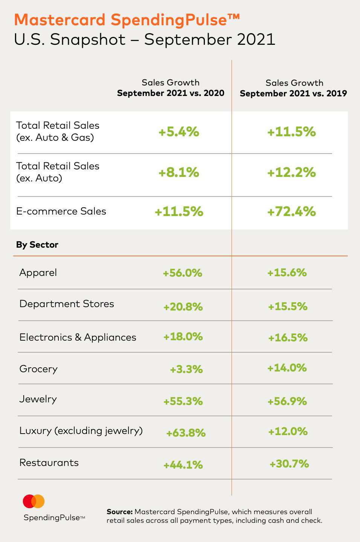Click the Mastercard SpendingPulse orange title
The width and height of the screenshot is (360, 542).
[x=127, y=20]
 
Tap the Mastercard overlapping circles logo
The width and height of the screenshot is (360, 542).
[x=34, y=501]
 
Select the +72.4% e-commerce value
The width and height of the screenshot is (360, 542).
[x=291, y=212]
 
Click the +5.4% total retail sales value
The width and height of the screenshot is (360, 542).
[x=178, y=132]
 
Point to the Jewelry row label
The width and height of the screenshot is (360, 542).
[x=38, y=399]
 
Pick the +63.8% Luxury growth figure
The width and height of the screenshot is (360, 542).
[x=186, y=433]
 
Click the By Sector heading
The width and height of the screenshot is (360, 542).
[x=37, y=245]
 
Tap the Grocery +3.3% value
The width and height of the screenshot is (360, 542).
[x=186, y=369]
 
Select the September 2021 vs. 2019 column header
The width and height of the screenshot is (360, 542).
[x=293, y=93]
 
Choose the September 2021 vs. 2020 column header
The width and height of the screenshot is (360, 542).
[x=171, y=93]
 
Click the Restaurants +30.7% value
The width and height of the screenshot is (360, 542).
[x=289, y=464]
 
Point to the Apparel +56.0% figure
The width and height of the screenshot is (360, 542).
[x=183, y=273]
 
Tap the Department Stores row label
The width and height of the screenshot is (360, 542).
[x=67, y=304]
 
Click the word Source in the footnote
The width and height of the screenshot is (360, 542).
[x=119, y=512]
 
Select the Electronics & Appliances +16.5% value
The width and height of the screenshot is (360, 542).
[x=288, y=338]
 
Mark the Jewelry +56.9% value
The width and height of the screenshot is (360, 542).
[x=287, y=401]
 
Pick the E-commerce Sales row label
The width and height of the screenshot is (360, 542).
[x=61, y=211]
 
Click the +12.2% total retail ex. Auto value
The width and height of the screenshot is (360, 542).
[x=291, y=172]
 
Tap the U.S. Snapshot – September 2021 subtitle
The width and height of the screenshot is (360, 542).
[x=145, y=40]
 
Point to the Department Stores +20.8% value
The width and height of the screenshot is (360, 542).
[x=183, y=307]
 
